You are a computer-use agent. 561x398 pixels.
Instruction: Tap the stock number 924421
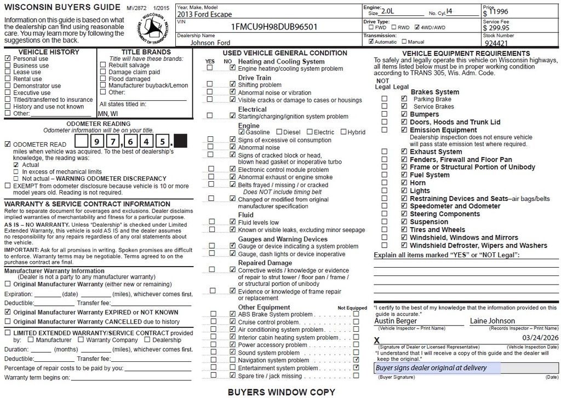496,42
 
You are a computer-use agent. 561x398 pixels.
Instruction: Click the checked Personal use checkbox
8,59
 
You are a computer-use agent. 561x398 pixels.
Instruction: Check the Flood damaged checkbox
103,79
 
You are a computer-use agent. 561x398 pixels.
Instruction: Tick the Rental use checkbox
8,79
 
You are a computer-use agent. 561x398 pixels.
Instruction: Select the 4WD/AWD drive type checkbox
417,27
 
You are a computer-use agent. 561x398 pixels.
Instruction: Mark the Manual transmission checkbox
404,42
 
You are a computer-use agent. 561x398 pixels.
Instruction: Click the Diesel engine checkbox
279,132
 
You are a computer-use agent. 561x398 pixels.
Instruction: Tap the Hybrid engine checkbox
344,132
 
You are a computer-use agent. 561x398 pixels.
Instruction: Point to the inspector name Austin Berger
395,321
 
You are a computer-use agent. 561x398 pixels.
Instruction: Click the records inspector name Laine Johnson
492,321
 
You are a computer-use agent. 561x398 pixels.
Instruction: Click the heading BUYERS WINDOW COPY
281,392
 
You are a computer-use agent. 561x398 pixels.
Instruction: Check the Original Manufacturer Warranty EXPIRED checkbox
8,312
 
